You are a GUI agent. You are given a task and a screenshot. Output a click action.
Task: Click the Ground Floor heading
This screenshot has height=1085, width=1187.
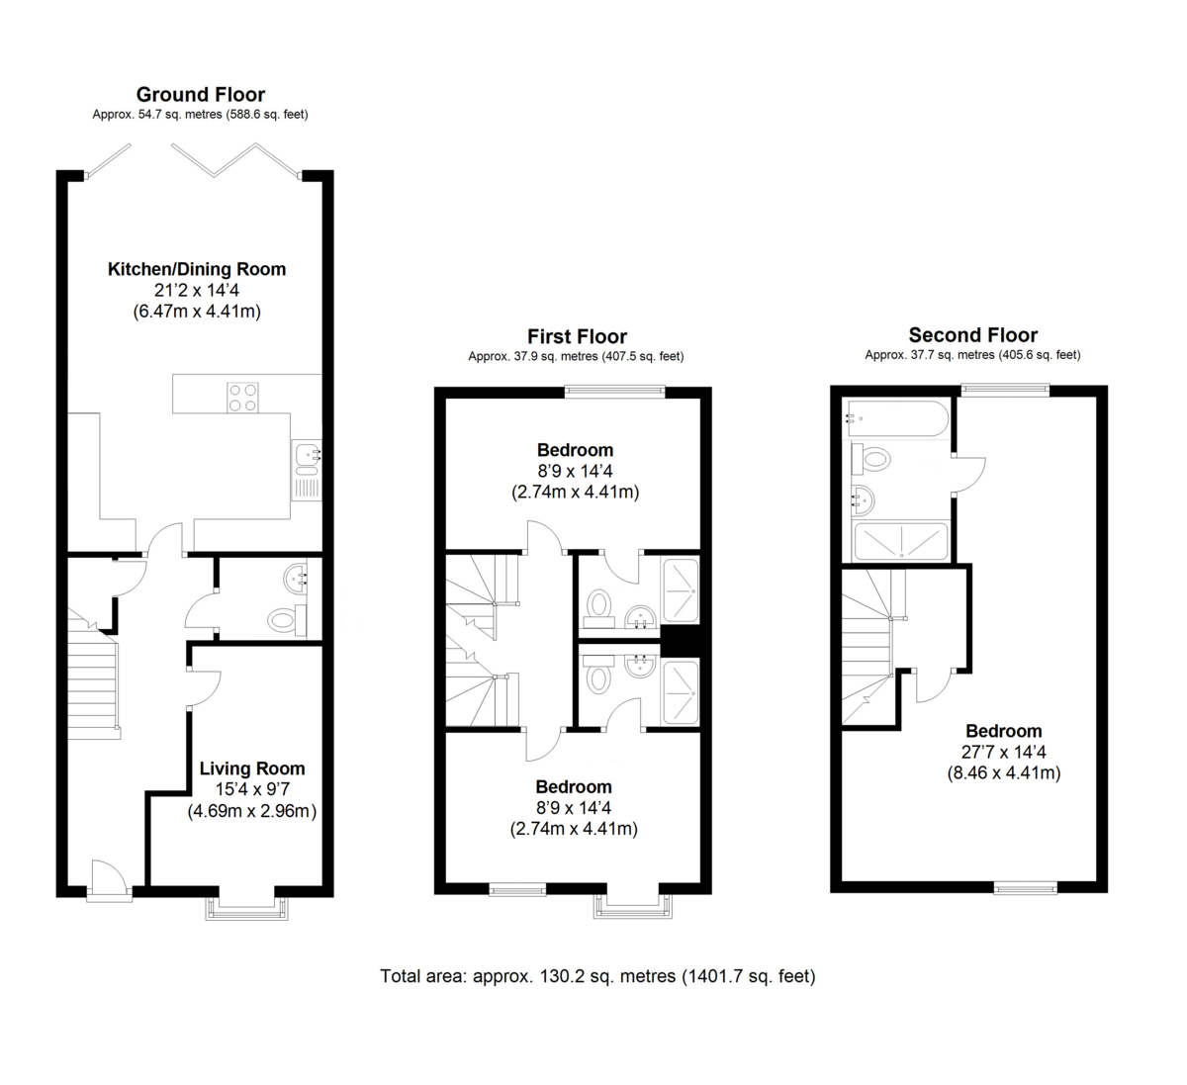click(200, 95)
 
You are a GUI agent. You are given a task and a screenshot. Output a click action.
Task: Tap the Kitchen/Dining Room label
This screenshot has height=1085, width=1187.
click(196, 269)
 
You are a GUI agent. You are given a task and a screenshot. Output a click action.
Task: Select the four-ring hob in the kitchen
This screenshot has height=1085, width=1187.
click(243, 397)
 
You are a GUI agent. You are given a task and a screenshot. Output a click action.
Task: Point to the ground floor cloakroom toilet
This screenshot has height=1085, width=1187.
click(284, 620)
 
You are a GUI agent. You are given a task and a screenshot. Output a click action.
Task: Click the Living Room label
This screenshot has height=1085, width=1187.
click(252, 769)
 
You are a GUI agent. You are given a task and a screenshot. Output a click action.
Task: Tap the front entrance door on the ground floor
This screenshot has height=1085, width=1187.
click(109, 880)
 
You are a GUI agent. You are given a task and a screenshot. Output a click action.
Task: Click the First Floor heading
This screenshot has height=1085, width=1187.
click(577, 337)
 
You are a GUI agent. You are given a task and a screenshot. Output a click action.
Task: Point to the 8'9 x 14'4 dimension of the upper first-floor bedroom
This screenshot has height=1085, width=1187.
click(575, 471)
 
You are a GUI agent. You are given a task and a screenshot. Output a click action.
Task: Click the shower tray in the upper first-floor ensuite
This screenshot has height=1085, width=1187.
click(681, 590)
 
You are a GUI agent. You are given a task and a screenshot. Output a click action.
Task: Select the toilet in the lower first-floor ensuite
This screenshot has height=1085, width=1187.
click(597, 678)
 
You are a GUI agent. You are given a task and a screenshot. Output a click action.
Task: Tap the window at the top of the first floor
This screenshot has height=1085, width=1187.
click(614, 392)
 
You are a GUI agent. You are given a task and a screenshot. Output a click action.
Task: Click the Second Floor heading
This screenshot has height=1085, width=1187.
click(972, 335)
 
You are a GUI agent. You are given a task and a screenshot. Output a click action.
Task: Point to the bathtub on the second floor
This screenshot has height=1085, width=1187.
click(896, 418)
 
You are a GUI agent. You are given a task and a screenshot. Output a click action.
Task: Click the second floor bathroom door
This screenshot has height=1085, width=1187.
click(969, 476)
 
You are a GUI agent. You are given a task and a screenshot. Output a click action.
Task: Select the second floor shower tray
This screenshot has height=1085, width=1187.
click(900, 541)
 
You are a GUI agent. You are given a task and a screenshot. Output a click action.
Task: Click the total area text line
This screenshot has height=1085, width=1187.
click(597, 976)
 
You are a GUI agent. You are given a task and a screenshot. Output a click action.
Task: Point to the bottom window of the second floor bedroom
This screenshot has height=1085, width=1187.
click(1025, 888)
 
